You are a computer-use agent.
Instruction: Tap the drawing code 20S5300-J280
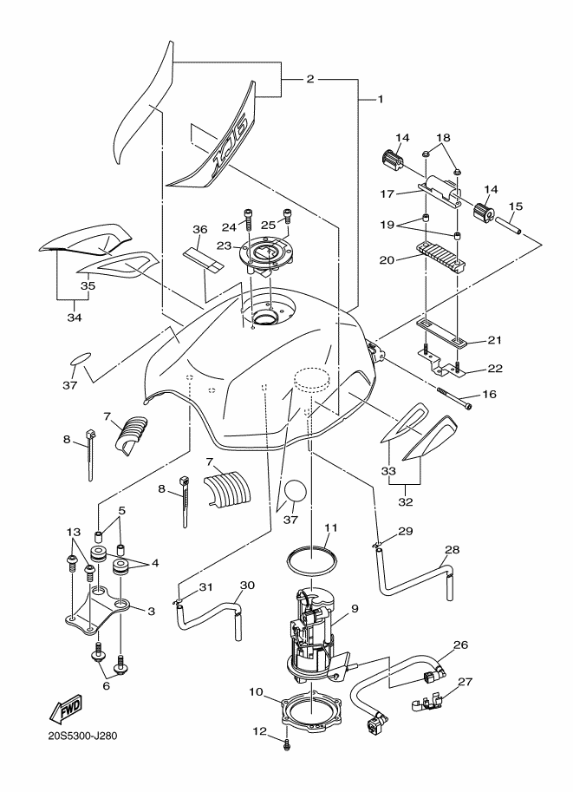82,736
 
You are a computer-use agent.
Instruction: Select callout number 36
200,229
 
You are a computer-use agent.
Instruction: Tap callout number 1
381,99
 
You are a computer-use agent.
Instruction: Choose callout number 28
453,550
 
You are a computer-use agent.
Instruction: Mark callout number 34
75,317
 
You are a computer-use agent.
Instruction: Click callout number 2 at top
310,78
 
